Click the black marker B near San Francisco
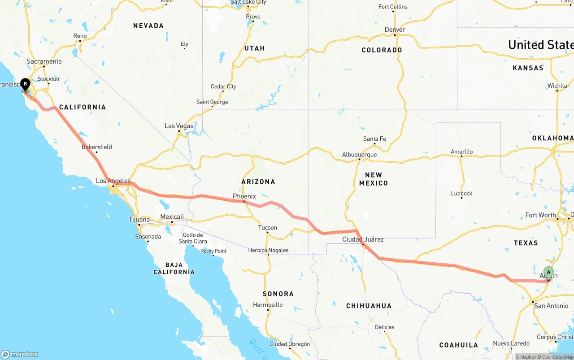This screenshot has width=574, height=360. (25, 84)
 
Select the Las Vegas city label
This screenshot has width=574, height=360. (179, 126)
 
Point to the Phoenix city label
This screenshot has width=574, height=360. (244, 196)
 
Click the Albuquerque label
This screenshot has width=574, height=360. (359, 155)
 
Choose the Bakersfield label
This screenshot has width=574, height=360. (96, 147)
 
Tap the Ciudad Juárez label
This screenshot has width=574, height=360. (363, 239)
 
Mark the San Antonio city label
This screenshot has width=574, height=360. (551, 306)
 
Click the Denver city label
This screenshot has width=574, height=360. (395, 30)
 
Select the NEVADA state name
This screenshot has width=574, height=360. (148, 26)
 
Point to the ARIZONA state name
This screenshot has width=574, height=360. (258, 182)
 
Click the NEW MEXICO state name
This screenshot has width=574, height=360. (373, 179)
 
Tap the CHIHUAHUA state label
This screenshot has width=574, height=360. (369, 306)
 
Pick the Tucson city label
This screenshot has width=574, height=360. (267, 228)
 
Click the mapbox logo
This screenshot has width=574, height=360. (20, 354)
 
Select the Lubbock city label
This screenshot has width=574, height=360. (461, 194)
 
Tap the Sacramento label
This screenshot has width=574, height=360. (44, 61)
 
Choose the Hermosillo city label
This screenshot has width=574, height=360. (268, 305)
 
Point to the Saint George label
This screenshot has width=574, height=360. (212, 102)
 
